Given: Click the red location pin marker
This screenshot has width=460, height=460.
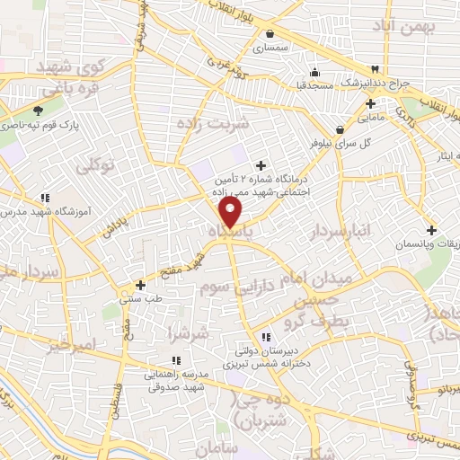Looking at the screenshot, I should click(231, 213).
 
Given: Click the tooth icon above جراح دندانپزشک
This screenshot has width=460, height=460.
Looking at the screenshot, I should click(376, 71).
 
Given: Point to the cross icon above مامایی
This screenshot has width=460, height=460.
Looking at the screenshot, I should click(370, 103).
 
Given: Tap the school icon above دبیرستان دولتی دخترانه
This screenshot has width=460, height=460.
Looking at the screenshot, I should click(266, 336).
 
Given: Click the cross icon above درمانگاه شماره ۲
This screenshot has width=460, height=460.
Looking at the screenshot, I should click(261, 165).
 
